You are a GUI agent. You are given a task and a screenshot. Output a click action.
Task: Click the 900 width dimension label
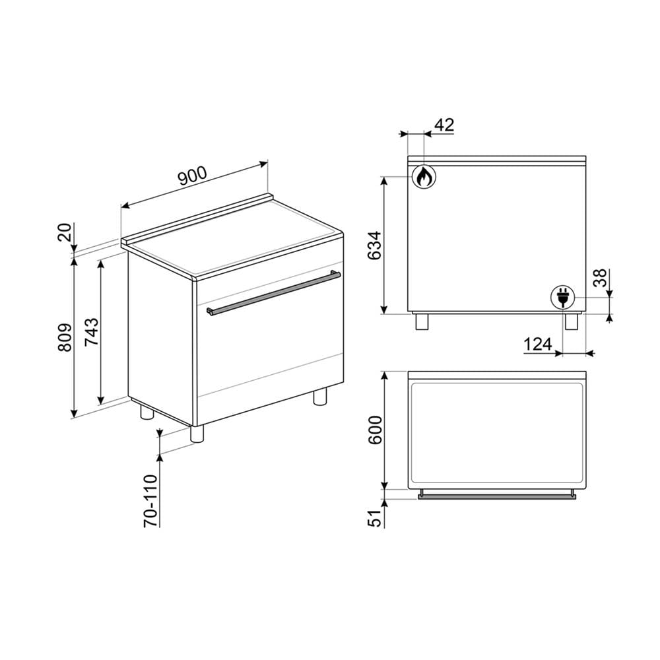(x=193, y=176)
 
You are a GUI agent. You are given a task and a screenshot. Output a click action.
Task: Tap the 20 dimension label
(x=65, y=232)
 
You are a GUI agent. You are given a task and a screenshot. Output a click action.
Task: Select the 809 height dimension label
(x=65, y=337)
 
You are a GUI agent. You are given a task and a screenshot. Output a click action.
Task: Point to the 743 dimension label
(x=92, y=331)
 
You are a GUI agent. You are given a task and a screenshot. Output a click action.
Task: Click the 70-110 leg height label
(x=150, y=500)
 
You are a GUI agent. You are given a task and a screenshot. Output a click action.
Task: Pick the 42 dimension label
(x=444, y=125)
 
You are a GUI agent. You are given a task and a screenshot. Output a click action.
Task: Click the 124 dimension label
(x=538, y=345)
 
